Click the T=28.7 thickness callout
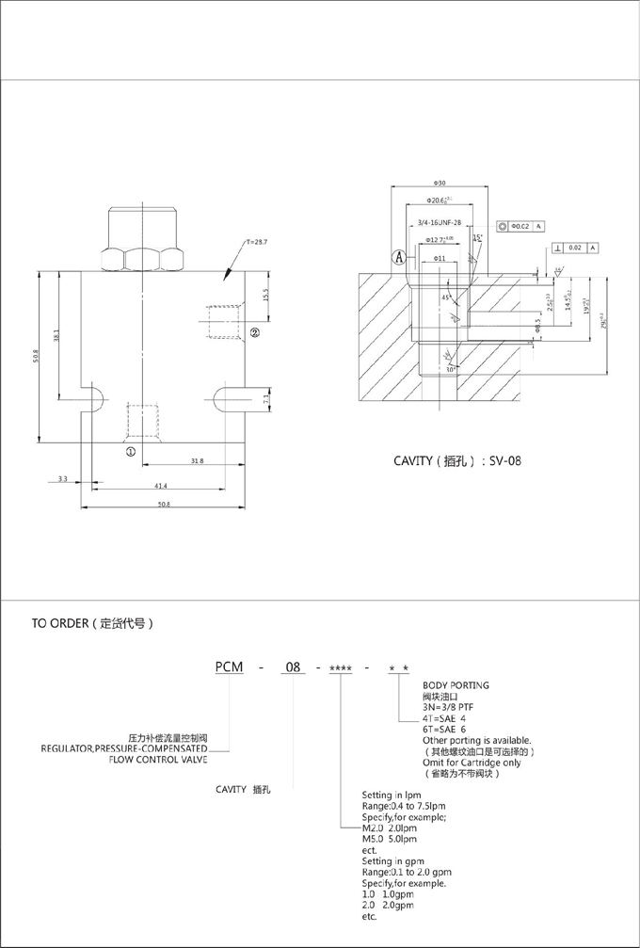pos(257,243)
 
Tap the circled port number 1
pos(131,452)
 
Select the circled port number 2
pos(255,333)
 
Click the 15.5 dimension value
pos(266,295)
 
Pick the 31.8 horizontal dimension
pos(197,461)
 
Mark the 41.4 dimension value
pos(160,486)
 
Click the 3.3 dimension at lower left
pos(62,479)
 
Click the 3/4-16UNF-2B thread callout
pos(439,222)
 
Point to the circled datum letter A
pos(400,255)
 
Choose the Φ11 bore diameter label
pos(439,258)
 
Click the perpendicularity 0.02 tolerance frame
pos(576,248)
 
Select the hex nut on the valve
pos(140,255)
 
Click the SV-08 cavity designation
pos(500,462)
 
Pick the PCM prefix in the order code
pos(229,667)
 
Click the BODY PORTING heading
pos(456,686)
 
